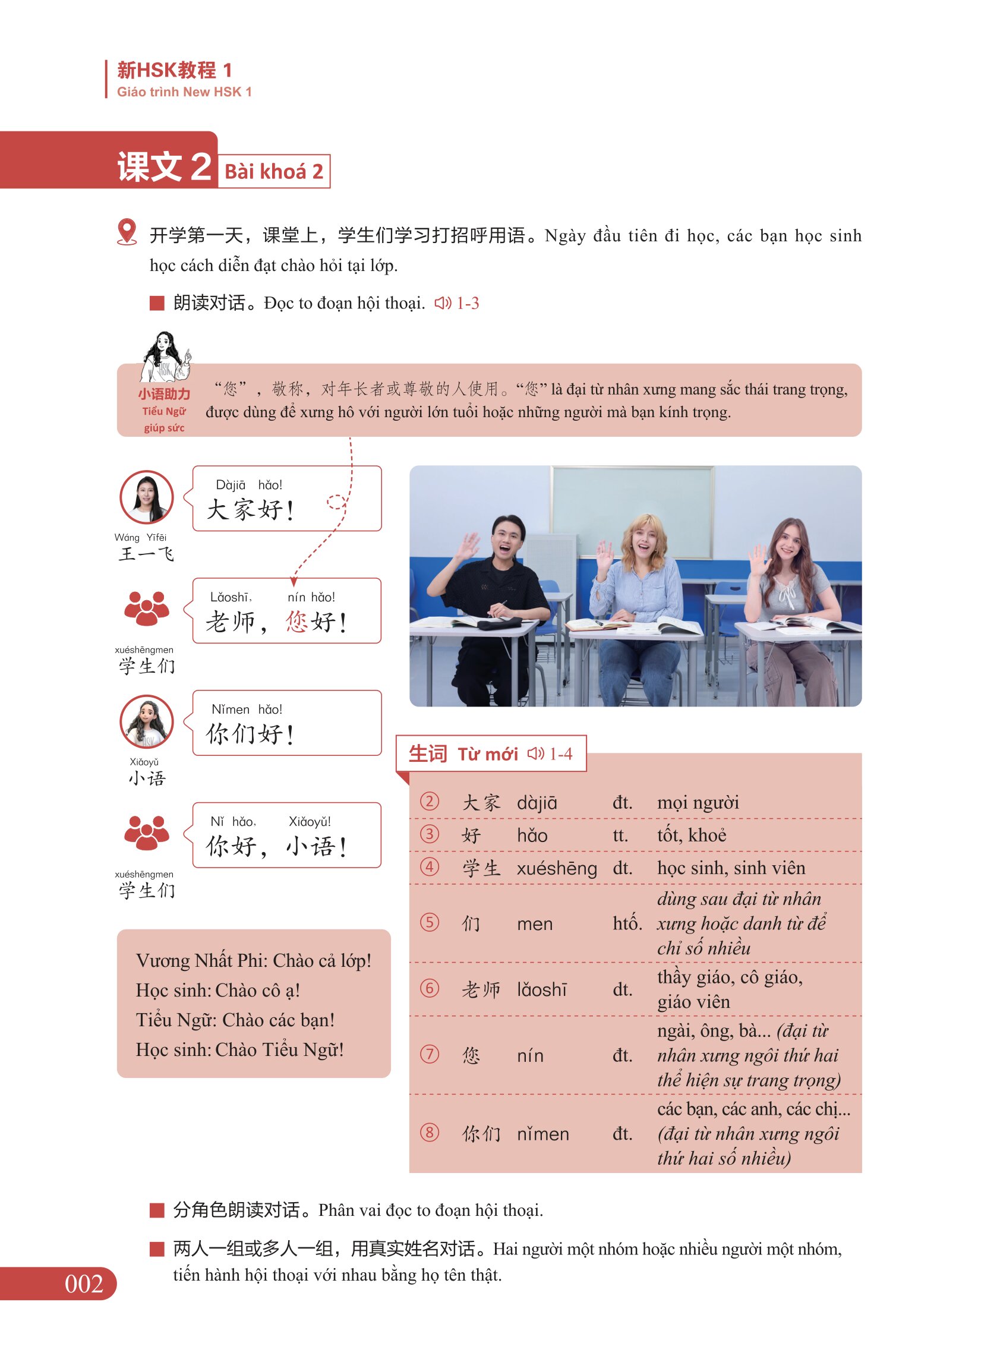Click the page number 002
click(x=84, y=1284)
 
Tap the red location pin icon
click(x=127, y=232)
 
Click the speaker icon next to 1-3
click(x=443, y=303)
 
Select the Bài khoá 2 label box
click(x=274, y=171)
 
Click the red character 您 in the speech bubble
click(x=296, y=621)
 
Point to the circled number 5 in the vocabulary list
click(x=429, y=922)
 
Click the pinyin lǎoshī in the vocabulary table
click(x=542, y=989)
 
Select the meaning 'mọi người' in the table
click(x=698, y=803)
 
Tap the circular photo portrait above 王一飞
click(x=147, y=497)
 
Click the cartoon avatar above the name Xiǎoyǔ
click(x=147, y=721)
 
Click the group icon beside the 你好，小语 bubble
click(x=146, y=833)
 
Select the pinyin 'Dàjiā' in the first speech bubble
click(x=231, y=484)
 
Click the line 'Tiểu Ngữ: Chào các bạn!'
click(x=235, y=1020)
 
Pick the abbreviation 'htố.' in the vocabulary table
click(x=627, y=923)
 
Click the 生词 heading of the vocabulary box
click(x=427, y=753)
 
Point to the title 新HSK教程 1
click(x=175, y=70)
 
